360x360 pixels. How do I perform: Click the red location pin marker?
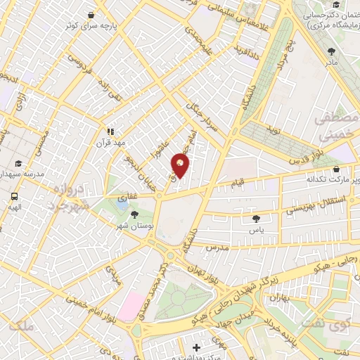click(181, 165)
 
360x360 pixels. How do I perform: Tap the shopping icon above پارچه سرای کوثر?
click(91, 15)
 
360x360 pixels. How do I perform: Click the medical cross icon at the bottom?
click(196, 347)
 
